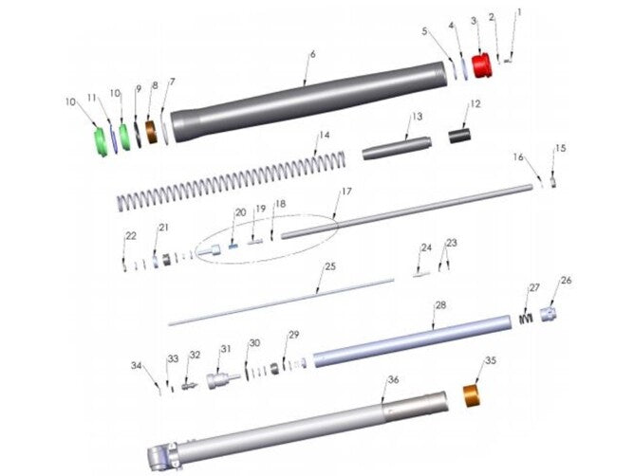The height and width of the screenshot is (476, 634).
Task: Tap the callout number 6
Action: coord(311,55)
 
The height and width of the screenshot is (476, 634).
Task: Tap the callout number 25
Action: coord(329,268)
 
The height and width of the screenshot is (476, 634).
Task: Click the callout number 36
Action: coord(392,379)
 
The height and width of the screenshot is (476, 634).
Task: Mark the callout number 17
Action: coord(346,192)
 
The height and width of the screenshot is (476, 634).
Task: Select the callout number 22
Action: coord(131,235)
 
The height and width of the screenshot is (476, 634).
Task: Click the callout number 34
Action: coord(138,365)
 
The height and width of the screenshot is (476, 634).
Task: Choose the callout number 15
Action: coord(560,149)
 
